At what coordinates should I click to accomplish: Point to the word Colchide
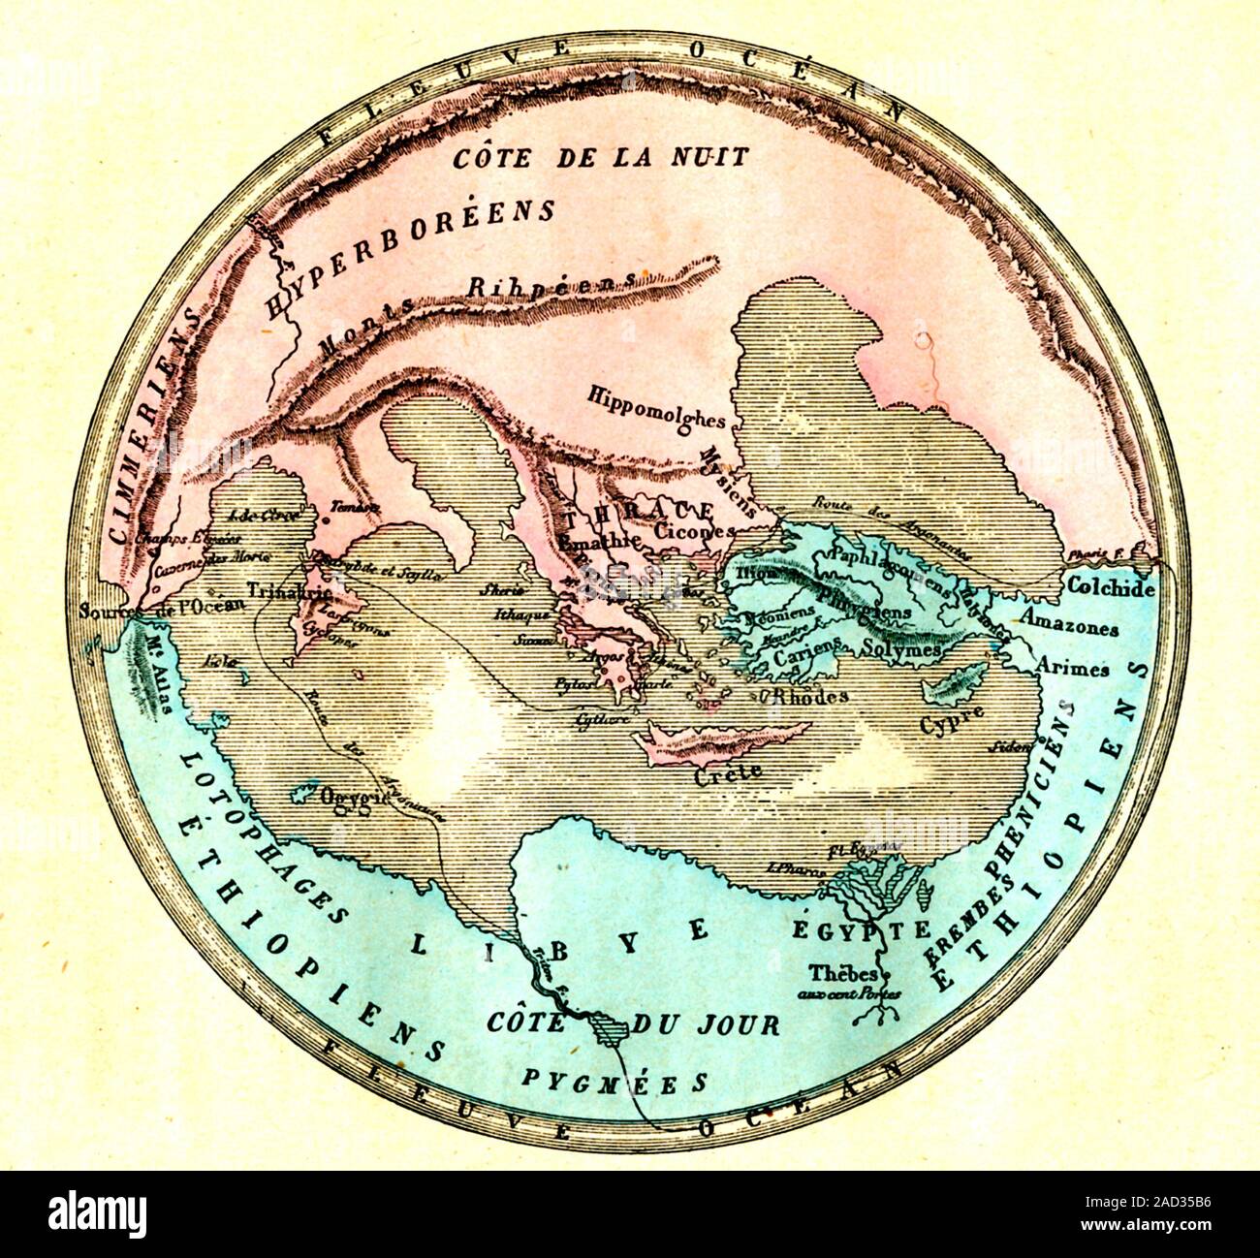click(x=1111, y=587)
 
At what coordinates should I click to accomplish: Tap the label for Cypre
click(x=951, y=722)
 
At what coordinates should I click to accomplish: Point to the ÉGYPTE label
click(x=862, y=928)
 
